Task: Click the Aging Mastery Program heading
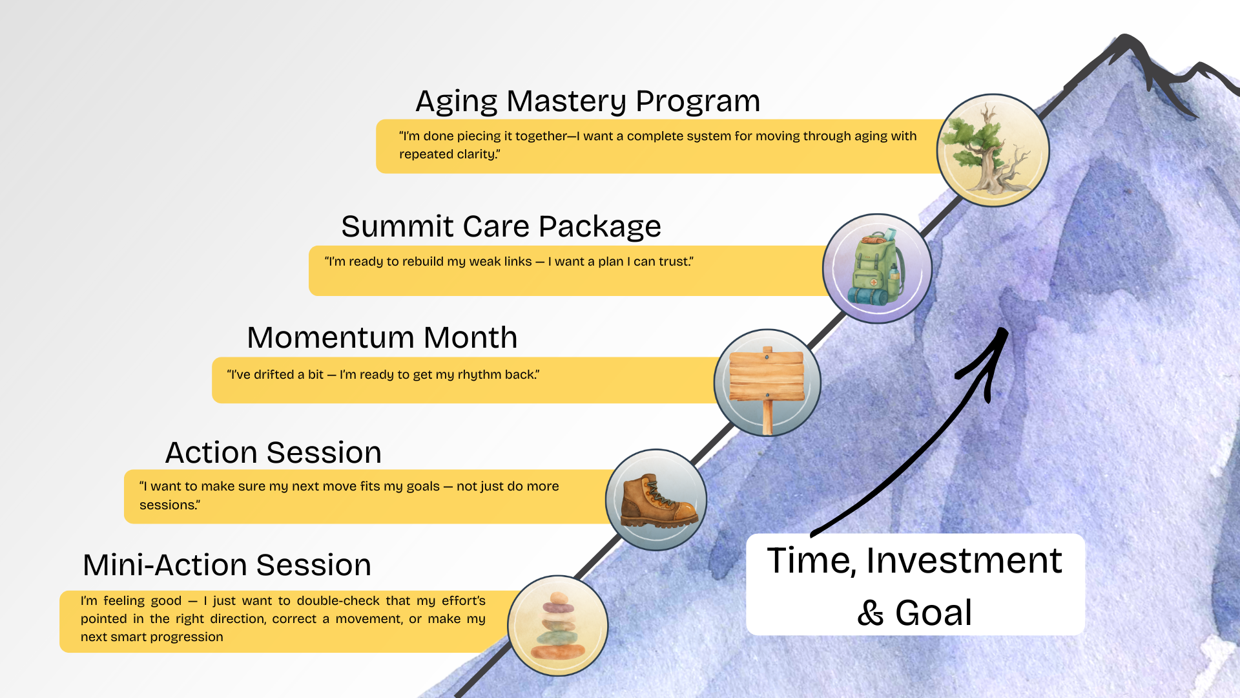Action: (x=588, y=101)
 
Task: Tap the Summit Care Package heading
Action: (x=501, y=227)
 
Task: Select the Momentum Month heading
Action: (x=382, y=338)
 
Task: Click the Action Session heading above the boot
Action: (x=273, y=453)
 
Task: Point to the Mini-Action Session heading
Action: (x=227, y=566)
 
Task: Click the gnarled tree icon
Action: (x=993, y=151)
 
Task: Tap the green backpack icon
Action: (x=877, y=269)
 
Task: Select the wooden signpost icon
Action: (x=767, y=383)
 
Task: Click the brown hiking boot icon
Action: (x=656, y=500)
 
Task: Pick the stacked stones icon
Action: (x=558, y=626)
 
